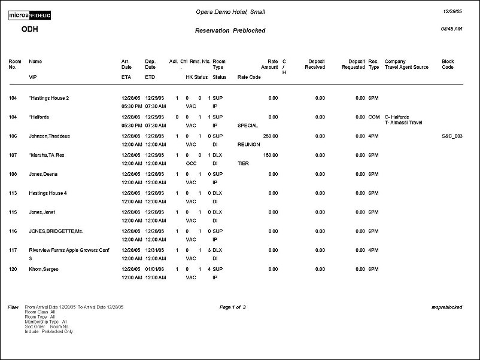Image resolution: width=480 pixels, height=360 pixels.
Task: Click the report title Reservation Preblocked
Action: [x=230, y=30]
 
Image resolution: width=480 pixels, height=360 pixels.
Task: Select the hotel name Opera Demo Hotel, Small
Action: [x=230, y=12]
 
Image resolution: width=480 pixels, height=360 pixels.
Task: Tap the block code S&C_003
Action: [x=452, y=136]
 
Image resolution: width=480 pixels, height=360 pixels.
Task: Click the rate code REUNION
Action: [x=249, y=144]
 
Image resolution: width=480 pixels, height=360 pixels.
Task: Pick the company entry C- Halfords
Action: [x=397, y=117]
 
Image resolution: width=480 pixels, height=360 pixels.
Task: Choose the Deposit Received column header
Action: [x=315, y=64]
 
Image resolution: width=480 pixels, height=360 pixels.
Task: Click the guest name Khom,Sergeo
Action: [x=44, y=269]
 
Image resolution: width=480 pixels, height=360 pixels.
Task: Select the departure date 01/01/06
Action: [x=154, y=269]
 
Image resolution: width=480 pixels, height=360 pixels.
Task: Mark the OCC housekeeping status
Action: [x=191, y=163]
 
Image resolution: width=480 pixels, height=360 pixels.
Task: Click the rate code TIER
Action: [x=243, y=163]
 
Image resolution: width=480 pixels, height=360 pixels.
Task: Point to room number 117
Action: [x=13, y=250]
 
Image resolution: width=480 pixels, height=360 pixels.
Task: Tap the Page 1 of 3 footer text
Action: [x=233, y=307]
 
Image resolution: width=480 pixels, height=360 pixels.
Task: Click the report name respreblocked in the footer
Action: [x=446, y=307]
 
